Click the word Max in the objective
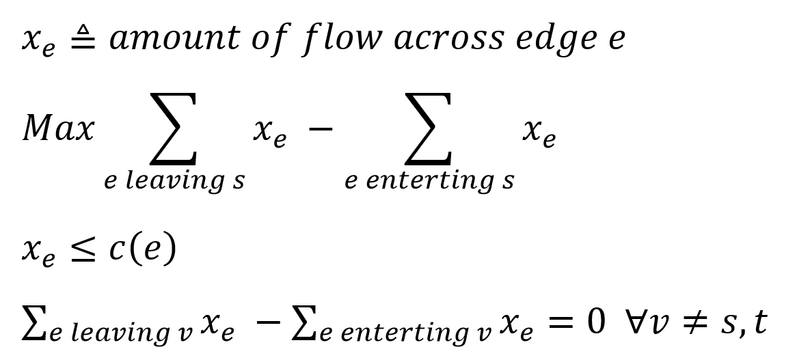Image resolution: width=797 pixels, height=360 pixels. [58, 128]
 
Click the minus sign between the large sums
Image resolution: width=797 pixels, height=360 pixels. [321, 128]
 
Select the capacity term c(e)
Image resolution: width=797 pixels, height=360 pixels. [142, 250]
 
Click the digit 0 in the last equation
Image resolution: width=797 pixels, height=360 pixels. [595, 321]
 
